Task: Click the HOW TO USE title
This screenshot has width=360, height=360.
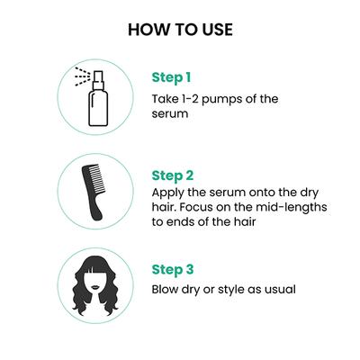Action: point(180,30)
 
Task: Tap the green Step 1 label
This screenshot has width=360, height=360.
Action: point(171,77)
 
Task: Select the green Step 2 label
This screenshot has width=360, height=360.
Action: point(173,175)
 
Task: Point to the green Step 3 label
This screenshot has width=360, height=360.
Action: point(173,270)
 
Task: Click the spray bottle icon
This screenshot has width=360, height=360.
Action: point(93,96)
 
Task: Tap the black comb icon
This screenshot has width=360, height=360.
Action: point(94,192)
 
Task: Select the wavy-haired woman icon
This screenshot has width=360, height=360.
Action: point(95,286)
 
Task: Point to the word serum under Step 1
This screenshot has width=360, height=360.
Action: point(170,114)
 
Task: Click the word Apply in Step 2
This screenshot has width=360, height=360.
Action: point(168,193)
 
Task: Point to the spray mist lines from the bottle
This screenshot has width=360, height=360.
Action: point(82,76)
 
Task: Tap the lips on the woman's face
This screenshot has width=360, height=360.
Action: point(95,287)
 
